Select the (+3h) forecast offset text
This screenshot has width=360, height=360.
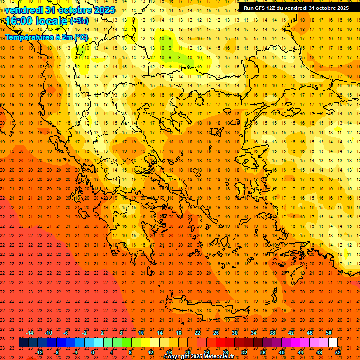tap(78, 21)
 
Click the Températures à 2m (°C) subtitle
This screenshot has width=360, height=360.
tap(46, 37)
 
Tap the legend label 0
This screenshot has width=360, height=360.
tap(93, 352)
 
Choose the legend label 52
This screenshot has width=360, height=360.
tap(338, 352)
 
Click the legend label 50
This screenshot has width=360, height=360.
tap(329, 333)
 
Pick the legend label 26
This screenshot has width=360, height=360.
tap(216, 333)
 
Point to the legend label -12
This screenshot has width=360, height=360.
tap(39, 352)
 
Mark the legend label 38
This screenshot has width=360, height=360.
tap(272, 333)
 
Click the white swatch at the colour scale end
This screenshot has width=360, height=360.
tap(333, 343)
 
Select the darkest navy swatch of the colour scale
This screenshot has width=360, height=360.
tap(23, 343)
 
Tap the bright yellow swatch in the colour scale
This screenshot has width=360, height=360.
tap(146, 343)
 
